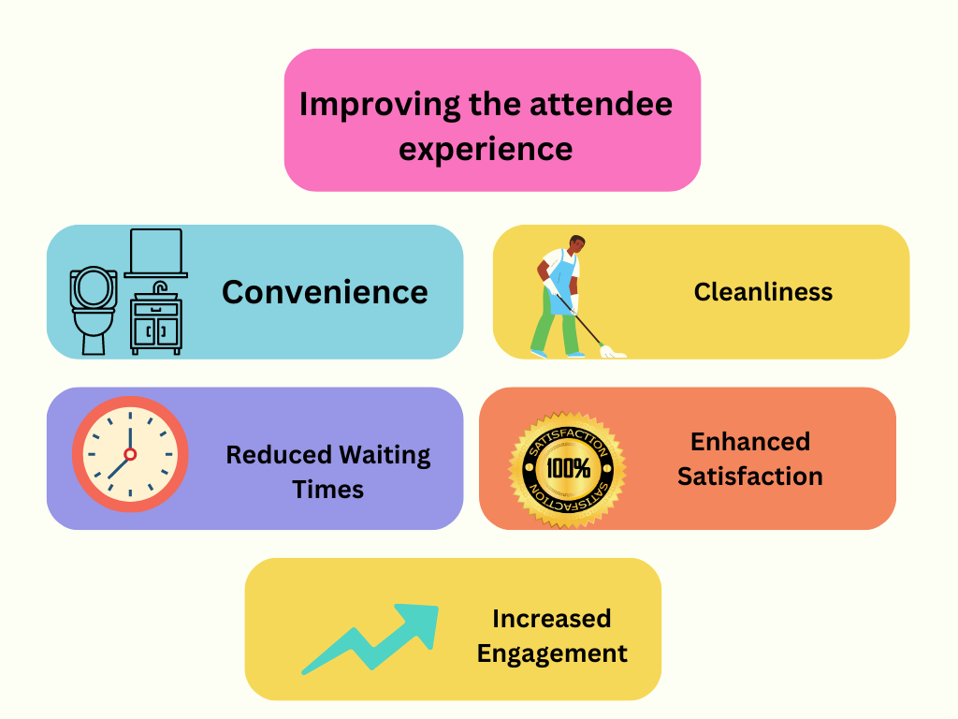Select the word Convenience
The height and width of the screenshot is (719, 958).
(x=325, y=292)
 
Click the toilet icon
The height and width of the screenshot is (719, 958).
(x=93, y=310)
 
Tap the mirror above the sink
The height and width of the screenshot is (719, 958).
(x=156, y=253)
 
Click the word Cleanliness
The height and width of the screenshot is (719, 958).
(x=763, y=292)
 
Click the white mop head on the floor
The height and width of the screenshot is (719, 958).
(x=612, y=352)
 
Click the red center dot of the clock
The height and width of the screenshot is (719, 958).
(x=130, y=454)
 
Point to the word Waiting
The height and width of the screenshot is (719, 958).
(x=385, y=456)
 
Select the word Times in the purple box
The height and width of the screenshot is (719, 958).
(x=328, y=491)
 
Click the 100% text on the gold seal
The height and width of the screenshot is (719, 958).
(x=568, y=469)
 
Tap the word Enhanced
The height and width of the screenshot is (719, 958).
(x=750, y=442)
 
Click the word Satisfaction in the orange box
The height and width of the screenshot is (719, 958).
(x=750, y=477)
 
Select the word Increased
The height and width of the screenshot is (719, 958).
(x=552, y=619)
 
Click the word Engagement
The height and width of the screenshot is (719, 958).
(x=552, y=654)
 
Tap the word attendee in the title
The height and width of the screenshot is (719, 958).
(x=602, y=104)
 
